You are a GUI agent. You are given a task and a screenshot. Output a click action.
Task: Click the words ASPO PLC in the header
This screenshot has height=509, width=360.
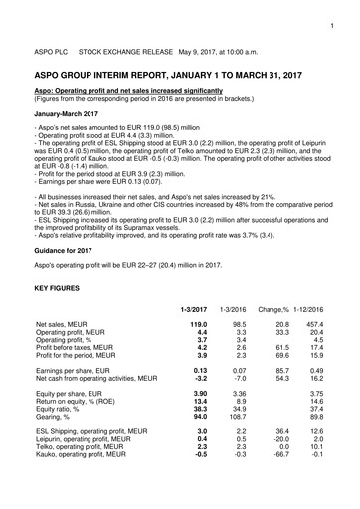pos(50,45)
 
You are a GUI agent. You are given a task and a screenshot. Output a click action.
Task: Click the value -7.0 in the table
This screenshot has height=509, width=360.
pos(239,408)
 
